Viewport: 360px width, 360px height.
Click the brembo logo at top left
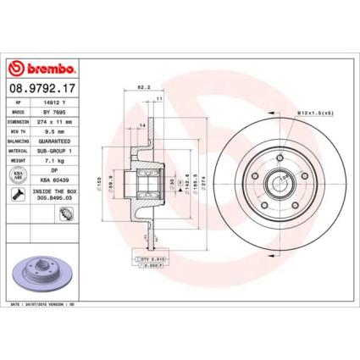tap(42, 67)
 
